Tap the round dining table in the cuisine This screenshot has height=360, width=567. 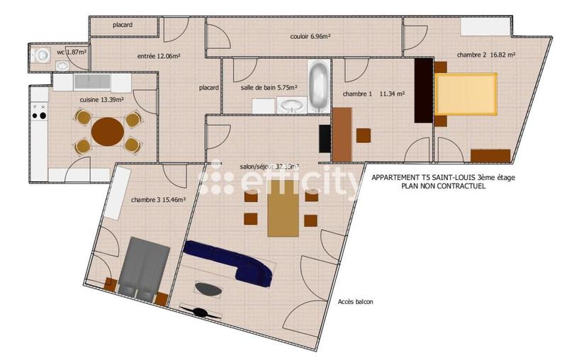tap(107, 131)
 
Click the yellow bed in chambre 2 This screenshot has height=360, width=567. tap(466, 96)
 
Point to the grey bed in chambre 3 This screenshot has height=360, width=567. tap(144, 266)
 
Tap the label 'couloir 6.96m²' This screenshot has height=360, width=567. tap(312, 37)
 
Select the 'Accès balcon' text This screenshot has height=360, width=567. tap(355, 302)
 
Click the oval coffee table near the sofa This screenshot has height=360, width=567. tap(208, 288)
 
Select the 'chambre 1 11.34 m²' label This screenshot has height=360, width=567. tap(374, 94)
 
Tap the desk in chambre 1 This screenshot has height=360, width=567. tap(342, 134)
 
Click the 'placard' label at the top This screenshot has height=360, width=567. tap(124, 26)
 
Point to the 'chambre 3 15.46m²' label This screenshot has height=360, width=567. tap(158, 200)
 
